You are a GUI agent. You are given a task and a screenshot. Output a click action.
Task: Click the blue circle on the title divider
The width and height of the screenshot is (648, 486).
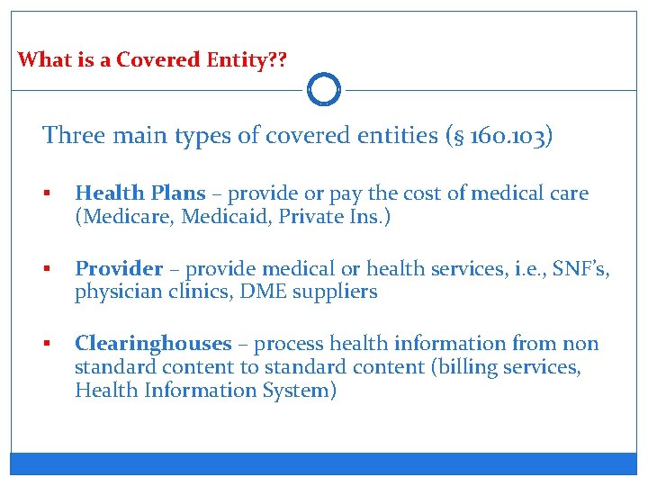pos(324,90)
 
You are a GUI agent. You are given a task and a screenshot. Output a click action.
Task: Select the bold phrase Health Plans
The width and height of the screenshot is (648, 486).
pos(140,193)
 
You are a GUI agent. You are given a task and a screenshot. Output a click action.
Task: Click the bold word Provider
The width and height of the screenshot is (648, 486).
pos(119,268)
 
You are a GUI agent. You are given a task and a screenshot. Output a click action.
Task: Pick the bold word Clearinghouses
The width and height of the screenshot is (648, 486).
pos(153,343)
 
